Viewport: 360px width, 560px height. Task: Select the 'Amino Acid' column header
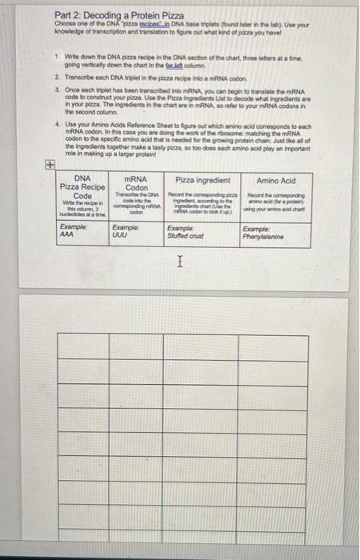point(277,181)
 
